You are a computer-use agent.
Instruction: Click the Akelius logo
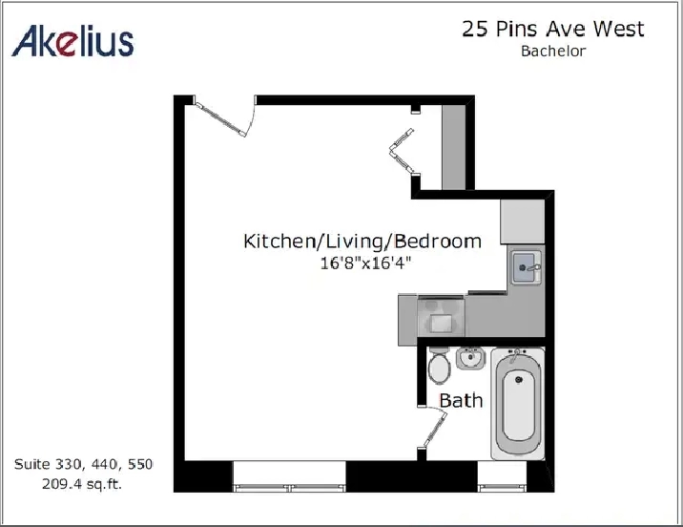[72, 41]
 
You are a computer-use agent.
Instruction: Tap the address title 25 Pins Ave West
[552, 30]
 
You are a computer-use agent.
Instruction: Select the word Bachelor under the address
[553, 51]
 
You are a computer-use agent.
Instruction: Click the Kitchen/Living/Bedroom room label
[362, 242]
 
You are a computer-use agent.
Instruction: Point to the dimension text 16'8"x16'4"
[365, 263]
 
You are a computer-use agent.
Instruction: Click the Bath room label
[461, 401]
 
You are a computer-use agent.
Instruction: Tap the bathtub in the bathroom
[518, 403]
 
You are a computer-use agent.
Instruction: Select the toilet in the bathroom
[439, 366]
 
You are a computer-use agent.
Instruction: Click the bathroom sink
[470, 359]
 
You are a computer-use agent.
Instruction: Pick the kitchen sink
[527, 267]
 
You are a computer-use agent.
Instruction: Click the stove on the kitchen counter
[441, 316]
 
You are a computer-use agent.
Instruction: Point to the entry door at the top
[222, 116]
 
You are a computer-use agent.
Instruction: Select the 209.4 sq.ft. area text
[82, 484]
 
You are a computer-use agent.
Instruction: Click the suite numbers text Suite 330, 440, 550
[83, 464]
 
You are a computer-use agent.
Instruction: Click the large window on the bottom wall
[289, 476]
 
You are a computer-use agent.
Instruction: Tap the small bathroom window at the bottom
[502, 476]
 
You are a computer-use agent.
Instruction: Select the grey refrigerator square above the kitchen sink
[523, 221]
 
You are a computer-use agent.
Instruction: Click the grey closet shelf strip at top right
[453, 147]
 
